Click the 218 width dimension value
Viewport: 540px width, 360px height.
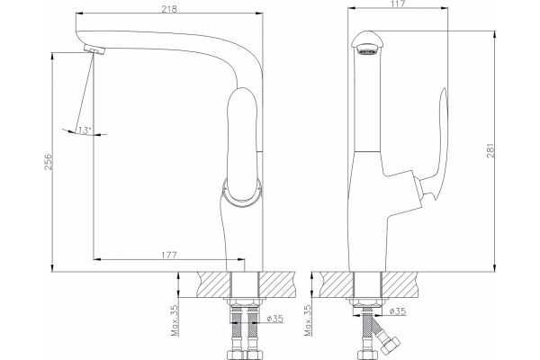click(169, 9)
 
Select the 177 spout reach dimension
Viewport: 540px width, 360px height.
click(169, 255)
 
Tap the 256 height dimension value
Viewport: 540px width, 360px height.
click(48, 162)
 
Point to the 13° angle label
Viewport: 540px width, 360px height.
click(85, 130)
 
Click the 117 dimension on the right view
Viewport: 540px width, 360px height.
click(398, 4)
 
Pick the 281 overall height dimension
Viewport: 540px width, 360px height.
click(490, 150)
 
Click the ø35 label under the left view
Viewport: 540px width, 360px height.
click(275, 319)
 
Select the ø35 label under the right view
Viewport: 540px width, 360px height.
click(398, 311)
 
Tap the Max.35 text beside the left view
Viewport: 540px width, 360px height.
click(175, 320)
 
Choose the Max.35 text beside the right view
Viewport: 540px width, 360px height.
click(308, 320)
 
